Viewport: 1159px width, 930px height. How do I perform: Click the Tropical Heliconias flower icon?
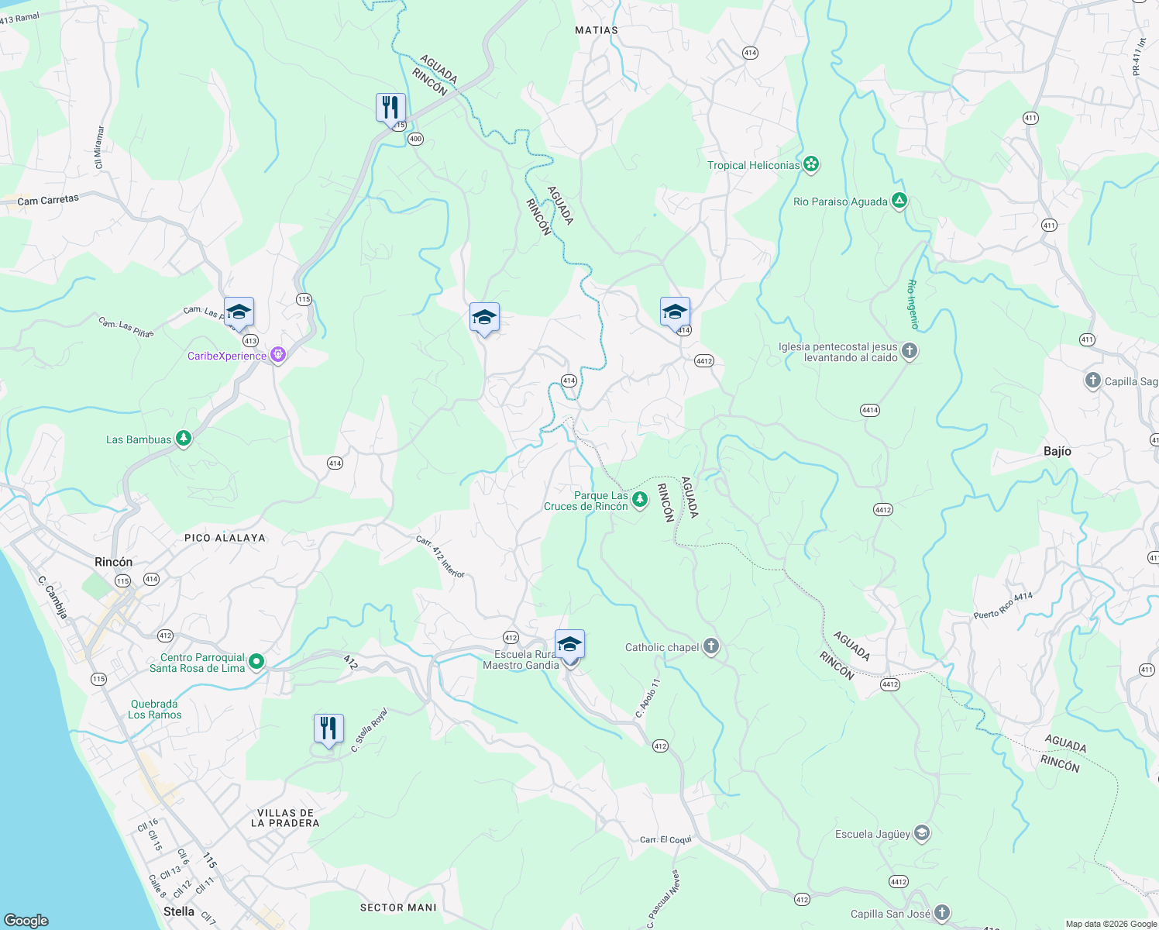pos(811,164)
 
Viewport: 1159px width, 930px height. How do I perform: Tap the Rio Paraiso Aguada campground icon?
pos(899,201)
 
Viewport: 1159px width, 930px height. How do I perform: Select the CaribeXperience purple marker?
pos(278,356)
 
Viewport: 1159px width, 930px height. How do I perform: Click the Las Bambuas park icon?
pos(184,439)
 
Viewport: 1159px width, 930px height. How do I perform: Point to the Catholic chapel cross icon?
pos(711,647)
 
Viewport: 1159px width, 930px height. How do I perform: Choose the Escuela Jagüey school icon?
pos(922,834)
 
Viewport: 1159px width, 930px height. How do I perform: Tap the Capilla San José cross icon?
pos(941,913)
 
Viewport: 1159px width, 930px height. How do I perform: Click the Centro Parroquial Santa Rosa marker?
pos(256,662)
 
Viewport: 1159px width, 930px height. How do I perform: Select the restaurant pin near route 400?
pos(390,108)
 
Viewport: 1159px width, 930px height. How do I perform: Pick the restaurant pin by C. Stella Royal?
pos(328,728)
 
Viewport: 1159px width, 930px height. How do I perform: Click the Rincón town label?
pos(113,562)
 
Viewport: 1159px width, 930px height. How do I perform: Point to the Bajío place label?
pos(1058,451)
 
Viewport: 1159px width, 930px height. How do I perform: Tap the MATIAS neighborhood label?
pos(597,30)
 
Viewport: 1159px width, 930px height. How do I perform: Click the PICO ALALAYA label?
pos(225,538)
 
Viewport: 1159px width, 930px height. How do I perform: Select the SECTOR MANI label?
pos(398,908)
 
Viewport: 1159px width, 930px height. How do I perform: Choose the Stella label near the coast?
pos(179,911)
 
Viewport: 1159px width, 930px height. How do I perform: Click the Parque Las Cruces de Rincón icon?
pos(639,499)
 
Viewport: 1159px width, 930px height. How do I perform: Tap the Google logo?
pos(26,920)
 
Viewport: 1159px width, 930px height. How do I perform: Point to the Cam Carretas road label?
pos(48,200)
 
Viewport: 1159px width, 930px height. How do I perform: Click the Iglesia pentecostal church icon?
pos(910,351)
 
